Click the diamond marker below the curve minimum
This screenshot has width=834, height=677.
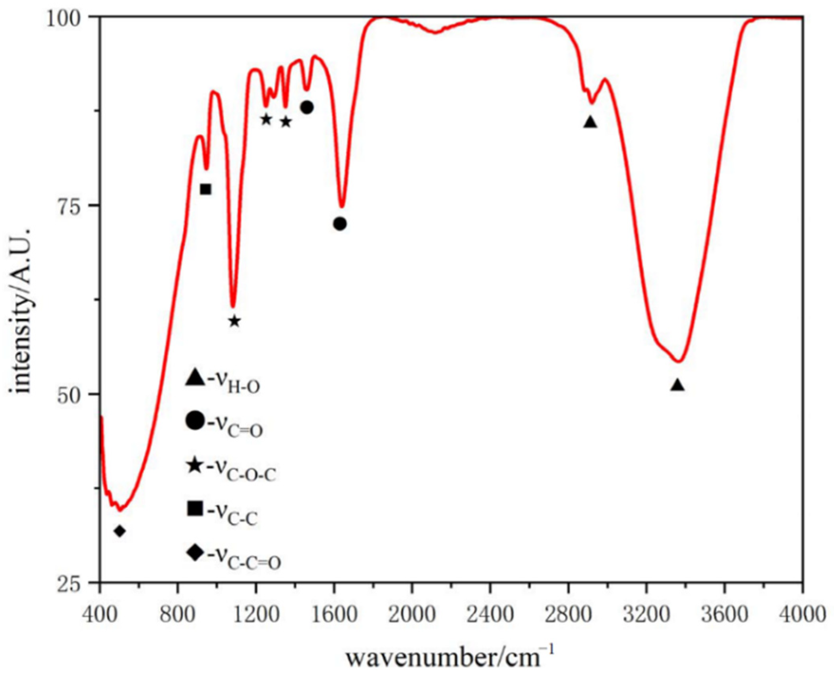(120, 531)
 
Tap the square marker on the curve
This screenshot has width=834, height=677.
(205, 189)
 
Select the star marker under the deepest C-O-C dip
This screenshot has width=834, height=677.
(234, 321)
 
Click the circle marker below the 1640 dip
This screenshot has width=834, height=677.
(340, 224)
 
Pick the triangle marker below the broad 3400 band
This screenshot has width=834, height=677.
(677, 385)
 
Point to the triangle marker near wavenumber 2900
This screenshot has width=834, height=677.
(590, 122)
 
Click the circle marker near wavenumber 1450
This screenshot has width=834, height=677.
(307, 107)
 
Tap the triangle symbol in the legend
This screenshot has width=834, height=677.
(195, 377)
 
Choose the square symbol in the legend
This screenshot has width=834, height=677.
(195, 508)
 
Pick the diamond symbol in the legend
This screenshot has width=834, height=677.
(195, 552)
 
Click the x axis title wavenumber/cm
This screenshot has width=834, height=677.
(449, 655)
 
